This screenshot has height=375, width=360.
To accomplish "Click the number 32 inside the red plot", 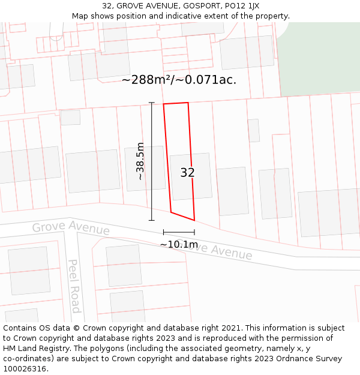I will [187, 173].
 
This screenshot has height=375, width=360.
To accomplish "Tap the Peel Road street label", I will [74, 286].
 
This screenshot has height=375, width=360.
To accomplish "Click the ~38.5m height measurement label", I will [140, 161].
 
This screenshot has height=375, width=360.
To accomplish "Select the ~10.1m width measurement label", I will [179, 244].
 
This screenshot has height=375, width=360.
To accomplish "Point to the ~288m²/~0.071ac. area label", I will [179, 80].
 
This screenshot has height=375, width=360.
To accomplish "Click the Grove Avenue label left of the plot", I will [71, 228].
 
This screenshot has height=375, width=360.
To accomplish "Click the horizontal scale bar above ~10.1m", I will [179, 232].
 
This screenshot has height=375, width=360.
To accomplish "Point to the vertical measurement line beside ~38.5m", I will [152, 161].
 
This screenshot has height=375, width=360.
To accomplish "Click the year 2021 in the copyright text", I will [230, 328].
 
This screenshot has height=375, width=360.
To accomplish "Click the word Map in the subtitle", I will [80, 16].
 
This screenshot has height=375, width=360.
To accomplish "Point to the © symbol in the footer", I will [77, 328].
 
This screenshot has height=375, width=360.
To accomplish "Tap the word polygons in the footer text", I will [128, 349].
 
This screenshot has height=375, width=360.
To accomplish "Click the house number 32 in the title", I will [107, 5].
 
